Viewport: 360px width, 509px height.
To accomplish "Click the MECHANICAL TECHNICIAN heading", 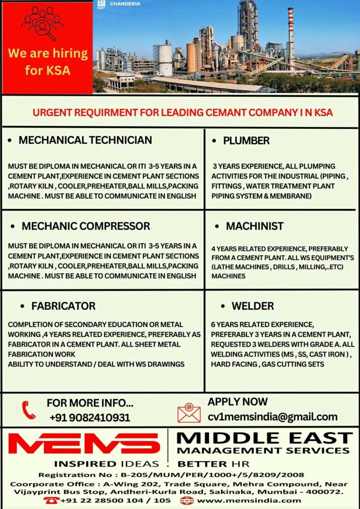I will [x=85, y=140].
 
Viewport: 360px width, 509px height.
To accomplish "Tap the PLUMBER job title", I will [x=246, y=141].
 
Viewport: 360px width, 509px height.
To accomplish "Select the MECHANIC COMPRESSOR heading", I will [x=86, y=226].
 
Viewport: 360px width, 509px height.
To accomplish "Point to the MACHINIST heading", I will [x=255, y=226].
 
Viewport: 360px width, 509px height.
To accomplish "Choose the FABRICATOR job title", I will [x=63, y=306].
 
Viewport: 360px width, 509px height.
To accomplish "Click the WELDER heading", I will [x=253, y=306].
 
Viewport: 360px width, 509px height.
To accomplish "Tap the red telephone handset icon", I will [x=29, y=410].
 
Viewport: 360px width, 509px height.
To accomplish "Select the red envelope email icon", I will [x=189, y=412].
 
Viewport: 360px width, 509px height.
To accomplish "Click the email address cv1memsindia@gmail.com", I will [x=272, y=417].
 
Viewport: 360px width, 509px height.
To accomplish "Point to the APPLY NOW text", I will [x=238, y=402].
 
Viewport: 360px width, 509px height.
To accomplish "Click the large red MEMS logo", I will [x=84, y=443].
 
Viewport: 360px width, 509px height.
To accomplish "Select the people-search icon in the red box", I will [x=43, y=23].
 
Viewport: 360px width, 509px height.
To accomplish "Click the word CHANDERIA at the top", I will [x=125, y=4].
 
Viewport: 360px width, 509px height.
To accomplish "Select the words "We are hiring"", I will [x=48, y=53].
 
